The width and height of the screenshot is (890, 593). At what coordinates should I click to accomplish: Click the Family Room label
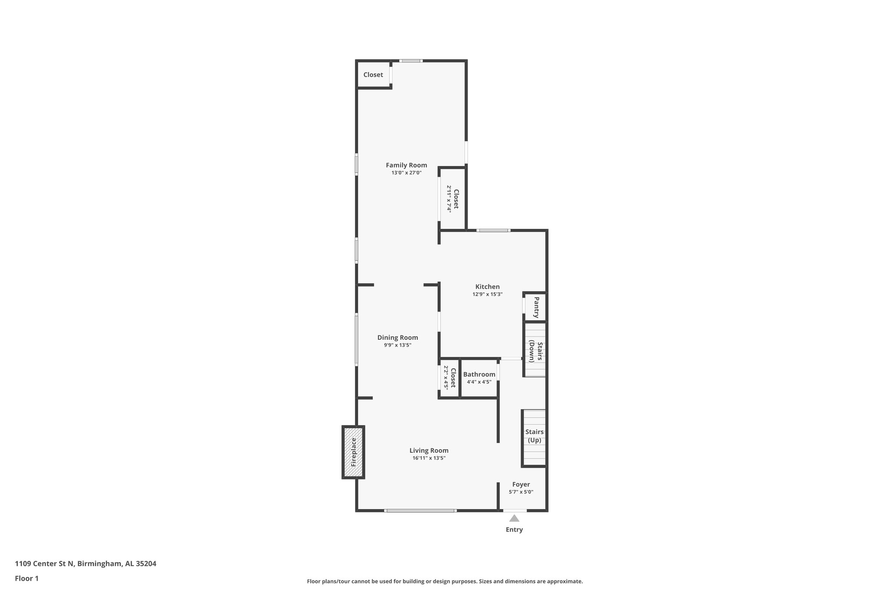coord(406,165)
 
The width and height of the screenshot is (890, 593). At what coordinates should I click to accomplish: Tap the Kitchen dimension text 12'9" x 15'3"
coord(487,294)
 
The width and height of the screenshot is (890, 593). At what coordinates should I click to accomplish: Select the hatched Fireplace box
coord(353,452)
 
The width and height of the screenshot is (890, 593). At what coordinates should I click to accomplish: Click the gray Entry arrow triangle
coord(514,518)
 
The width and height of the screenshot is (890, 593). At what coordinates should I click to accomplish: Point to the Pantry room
coord(535,307)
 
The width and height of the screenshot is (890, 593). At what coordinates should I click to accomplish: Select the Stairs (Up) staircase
coord(534,436)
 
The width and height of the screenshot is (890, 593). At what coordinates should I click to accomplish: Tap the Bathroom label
coord(479,374)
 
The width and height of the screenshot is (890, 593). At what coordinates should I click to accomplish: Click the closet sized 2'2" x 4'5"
coord(449,378)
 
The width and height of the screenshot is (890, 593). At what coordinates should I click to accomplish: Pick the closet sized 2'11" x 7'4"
coord(453,199)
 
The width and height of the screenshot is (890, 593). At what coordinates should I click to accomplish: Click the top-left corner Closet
coord(373,75)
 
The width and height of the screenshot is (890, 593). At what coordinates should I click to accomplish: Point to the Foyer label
coord(521,484)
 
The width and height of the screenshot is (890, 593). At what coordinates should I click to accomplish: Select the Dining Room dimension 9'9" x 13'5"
coord(397,345)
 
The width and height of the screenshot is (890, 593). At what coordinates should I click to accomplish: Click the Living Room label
coord(428,451)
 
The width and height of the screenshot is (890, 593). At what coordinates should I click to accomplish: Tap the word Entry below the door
coord(514,530)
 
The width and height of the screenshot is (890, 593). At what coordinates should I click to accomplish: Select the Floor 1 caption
coord(27,579)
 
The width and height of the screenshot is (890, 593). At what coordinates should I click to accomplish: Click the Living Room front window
coord(420,510)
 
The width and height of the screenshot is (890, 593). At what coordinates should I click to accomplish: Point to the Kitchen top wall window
coord(493,230)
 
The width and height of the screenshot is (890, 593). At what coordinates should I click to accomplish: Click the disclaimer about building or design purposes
coord(445,581)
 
